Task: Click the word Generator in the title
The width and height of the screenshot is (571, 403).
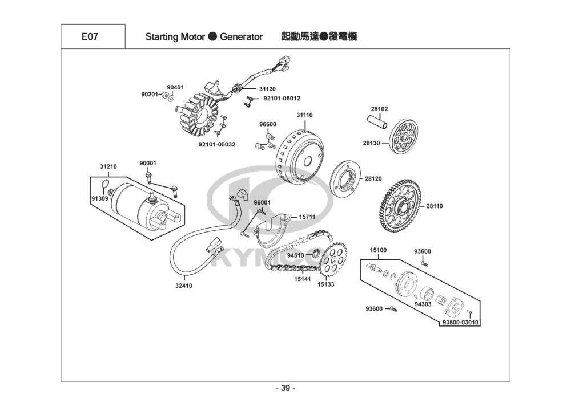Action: [241, 37]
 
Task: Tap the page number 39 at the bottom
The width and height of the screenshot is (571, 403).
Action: [285, 388]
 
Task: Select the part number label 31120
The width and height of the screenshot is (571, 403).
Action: [267, 89]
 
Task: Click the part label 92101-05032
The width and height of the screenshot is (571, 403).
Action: [217, 145]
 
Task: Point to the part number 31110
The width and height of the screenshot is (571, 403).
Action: [304, 115]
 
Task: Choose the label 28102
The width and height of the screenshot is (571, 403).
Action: [379, 109]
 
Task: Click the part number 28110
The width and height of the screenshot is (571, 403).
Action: [435, 206]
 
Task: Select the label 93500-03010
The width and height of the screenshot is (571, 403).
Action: [460, 323]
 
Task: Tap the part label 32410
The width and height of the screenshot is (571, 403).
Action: [184, 286]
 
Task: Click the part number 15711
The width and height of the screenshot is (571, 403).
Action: [307, 217]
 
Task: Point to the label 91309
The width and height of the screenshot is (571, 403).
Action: [99, 198]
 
